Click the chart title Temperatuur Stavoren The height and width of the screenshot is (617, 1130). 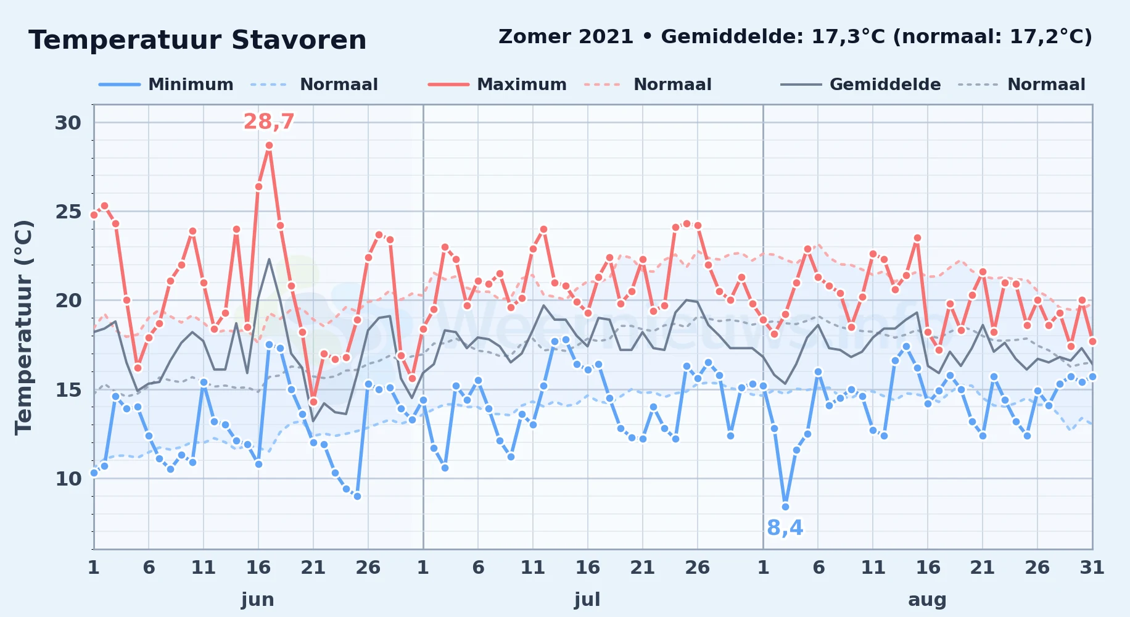(x=197, y=41)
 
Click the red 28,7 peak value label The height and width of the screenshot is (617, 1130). (x=269, y=122)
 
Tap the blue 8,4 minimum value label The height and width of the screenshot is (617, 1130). (x=785, y=528)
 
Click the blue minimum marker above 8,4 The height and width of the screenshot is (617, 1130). (x=785, y=507)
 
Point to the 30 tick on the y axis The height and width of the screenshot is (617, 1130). (x=68, y=123)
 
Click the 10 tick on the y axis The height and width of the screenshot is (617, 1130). (x=68, y=479)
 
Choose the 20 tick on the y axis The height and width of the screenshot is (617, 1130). (x=68, y=301)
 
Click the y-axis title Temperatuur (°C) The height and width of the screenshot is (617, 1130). (x=23, y=327)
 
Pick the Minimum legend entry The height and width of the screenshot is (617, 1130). (x=166, y=85)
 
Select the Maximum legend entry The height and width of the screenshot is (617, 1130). (x=497, y=85)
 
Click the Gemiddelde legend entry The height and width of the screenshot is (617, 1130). (x=861, y=85)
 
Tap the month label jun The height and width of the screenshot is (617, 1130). (x=258, y=600)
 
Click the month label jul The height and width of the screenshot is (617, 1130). (x=587, y=600)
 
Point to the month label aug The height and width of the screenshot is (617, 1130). (x=927, y=600)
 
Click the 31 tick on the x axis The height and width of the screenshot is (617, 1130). (x=1092, y=568)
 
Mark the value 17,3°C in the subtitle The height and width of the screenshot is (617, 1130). (x=848, y=37)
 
